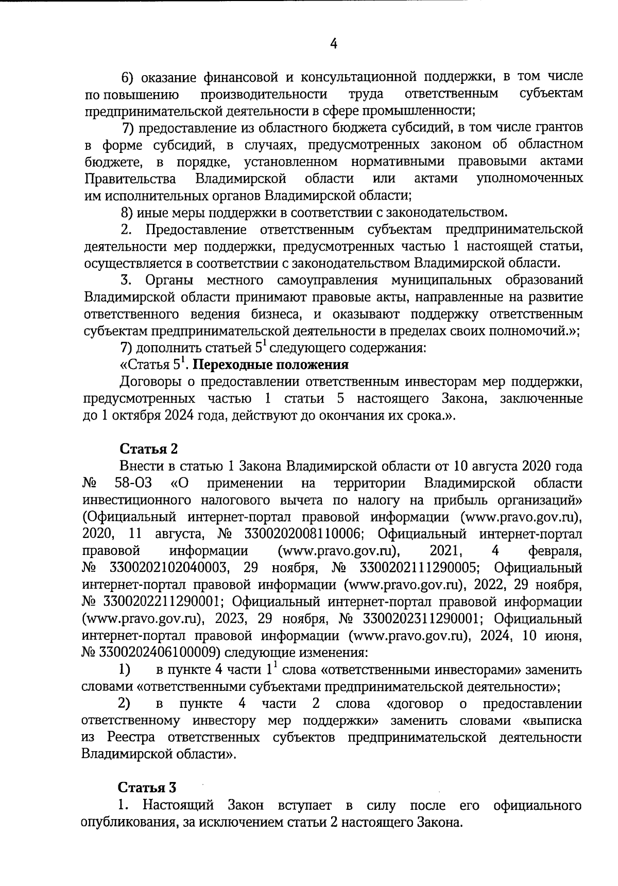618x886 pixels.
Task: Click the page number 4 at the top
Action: point(333,44)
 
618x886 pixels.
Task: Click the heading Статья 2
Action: point(149,449)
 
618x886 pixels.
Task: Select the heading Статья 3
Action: point(147,788)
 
